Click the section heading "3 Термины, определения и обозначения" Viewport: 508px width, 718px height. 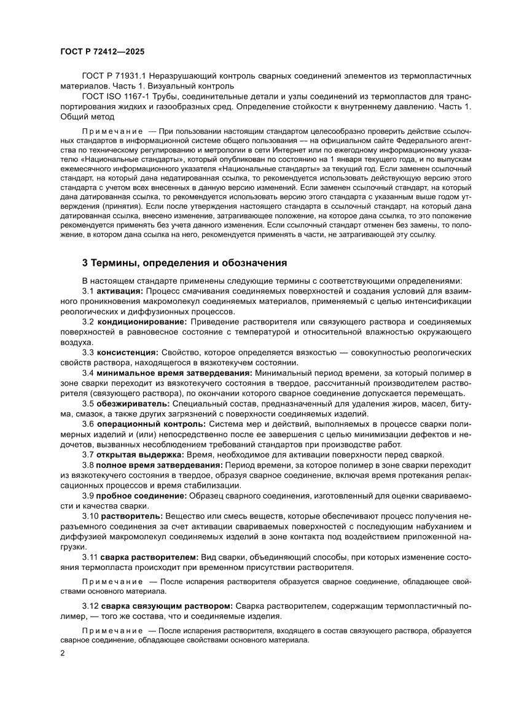184,263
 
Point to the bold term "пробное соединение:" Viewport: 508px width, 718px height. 143,496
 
